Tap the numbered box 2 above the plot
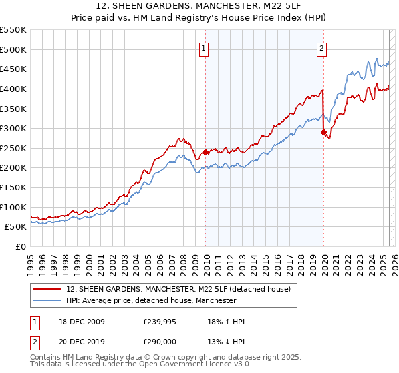[x=321, y=47]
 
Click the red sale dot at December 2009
[x=206, y=152]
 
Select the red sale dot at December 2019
[x=324, y=132]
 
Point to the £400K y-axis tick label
[x=14, y=89]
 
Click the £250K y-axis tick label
[x=14, y=148]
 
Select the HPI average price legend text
[x=152, y=301]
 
